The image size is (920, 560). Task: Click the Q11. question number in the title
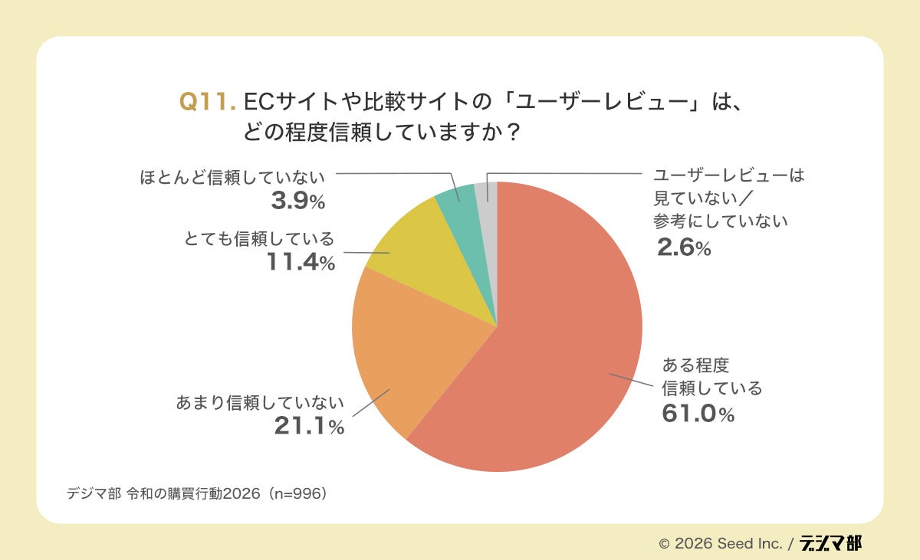(207, 102)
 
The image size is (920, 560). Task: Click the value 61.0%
(698, 414)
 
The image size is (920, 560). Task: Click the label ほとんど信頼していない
(233, 177)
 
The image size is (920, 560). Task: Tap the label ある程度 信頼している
(711, 377)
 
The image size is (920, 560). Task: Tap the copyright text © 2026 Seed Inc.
(720, 544)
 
